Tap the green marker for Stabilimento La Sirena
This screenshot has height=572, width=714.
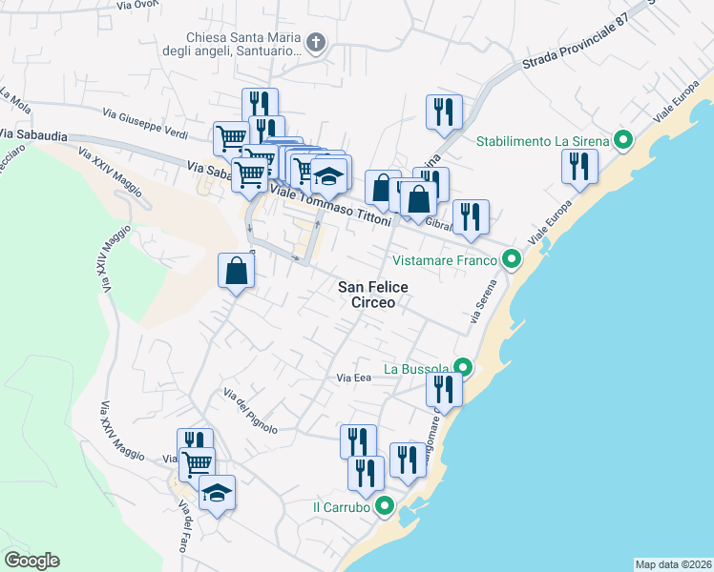pos(623,141)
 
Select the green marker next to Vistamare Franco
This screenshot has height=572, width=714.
pos(511,259)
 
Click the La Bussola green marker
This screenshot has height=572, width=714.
pos(463,368)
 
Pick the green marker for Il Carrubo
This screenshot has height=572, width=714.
pos(384,507)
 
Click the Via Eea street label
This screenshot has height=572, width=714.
pos(353,378)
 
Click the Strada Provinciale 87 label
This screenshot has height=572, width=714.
pos(576,44)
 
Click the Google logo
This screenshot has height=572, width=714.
pos(31,561)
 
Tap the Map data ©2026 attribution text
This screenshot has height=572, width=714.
pos(673,564)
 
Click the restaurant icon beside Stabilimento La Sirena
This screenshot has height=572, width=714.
pos(579,167)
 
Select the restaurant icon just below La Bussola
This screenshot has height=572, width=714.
pos(444,388)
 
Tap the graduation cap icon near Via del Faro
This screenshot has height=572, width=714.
pos(218,493)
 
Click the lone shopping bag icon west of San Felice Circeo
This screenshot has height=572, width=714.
pos(236,271)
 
